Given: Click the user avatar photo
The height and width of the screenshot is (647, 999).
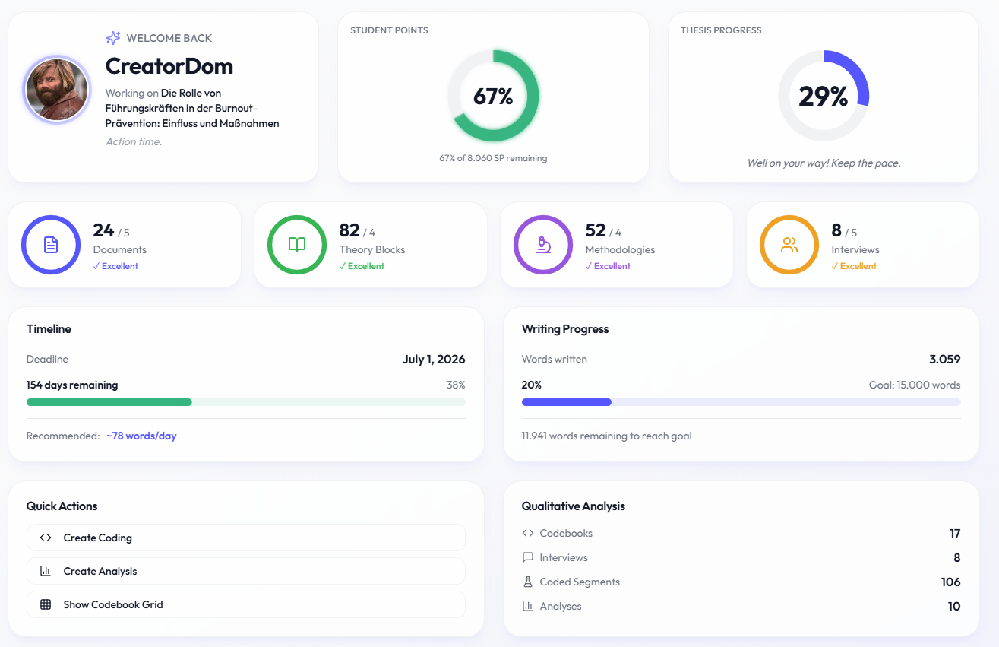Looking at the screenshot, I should pos(58,90).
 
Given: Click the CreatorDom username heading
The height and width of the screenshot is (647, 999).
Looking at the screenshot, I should pos(169,66).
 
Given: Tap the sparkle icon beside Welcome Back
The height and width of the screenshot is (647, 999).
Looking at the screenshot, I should pos(113,38).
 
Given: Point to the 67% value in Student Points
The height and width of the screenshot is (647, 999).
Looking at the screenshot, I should pos(493,97).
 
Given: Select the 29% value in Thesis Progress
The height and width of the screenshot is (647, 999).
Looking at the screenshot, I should pos(823,97).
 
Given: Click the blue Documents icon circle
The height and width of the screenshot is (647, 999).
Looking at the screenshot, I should pos(51,245).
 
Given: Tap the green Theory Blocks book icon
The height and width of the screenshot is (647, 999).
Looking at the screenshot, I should pos(297,245).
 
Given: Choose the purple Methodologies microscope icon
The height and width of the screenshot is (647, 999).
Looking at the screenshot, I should pos(543,245).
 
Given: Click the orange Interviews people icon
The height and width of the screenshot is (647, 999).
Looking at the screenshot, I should pos(789,245).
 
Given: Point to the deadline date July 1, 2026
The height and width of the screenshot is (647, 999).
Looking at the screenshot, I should pos(433,360).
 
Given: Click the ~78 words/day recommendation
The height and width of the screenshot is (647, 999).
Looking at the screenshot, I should pos(141,436).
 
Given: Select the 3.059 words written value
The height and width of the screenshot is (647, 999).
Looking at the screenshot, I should pos(944,360).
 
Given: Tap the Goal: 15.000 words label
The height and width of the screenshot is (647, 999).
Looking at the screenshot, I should pos(915,385).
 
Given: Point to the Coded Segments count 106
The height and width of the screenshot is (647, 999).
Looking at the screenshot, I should pos(950,582).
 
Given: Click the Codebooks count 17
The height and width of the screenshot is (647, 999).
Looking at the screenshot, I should pos(955,534).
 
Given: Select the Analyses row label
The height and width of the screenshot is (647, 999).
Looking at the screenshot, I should pos(561,607).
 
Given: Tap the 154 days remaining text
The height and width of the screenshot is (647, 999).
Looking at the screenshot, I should pos(72,385).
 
